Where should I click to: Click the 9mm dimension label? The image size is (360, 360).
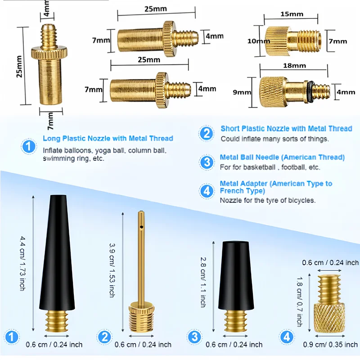tap(245, 92)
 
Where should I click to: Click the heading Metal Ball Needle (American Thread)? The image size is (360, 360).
tap(282, 157)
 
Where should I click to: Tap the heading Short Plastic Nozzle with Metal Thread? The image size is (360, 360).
tap(286, 129)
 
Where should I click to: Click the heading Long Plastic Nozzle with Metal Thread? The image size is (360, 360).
tap(108, 139)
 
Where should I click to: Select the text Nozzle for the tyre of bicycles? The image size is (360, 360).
tap(268, 200)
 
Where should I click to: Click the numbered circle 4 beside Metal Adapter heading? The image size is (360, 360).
tap(207, 191)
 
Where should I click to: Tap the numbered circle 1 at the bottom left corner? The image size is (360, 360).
tap(13, 336)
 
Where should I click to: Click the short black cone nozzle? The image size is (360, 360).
tap(236, 274)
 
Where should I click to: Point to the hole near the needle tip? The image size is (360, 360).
tap(141, 228)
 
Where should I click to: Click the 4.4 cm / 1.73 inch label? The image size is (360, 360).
tap(22, 263)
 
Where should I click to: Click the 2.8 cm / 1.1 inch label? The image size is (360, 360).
tap(202, 282)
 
